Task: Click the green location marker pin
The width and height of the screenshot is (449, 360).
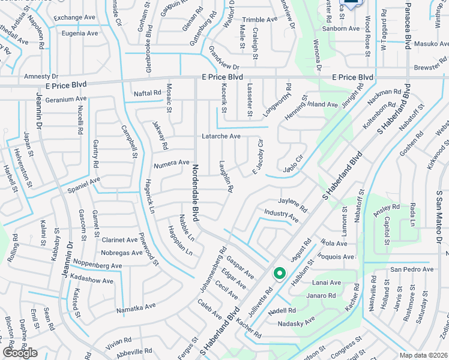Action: coord(279,274)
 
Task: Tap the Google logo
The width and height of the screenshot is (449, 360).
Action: coord(20,353)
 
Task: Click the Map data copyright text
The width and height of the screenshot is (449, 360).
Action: coord(423,355)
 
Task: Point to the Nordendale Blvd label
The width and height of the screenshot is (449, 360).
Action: coord(194,193)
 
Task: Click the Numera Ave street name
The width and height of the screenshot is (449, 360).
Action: coord(172,163)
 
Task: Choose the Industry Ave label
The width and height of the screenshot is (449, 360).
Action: coord(281,216)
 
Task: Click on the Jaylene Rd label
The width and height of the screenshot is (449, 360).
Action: coord(292,205)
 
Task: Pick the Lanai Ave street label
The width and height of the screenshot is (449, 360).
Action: coord(327,283)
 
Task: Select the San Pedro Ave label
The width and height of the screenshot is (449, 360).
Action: coord(411,269)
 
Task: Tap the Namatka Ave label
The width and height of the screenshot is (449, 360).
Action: coord(136,306)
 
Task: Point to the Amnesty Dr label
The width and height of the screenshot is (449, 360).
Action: coord(41,77)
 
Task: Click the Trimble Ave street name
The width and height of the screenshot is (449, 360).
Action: coord(260,20)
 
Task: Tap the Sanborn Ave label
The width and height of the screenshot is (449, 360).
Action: coord(342,28)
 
